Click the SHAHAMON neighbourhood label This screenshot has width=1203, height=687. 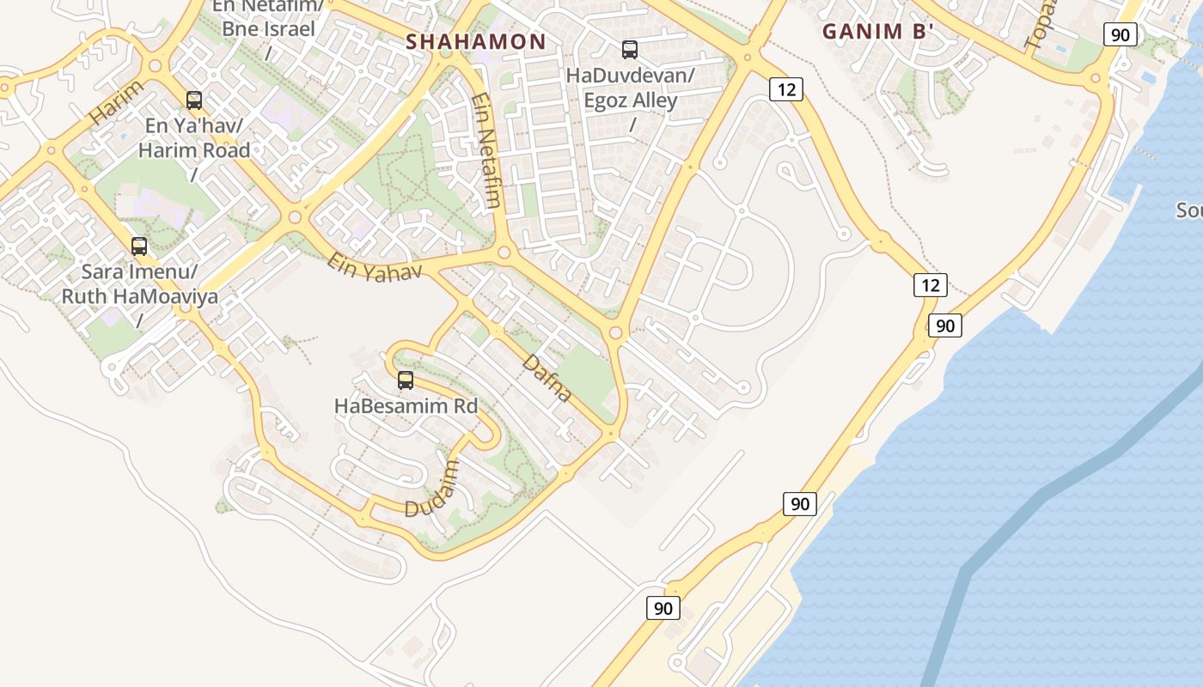coord(475,41)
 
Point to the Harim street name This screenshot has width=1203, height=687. coord(117,101)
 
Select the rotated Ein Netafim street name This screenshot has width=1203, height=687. coord(485,150)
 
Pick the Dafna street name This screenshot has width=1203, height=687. coord(547,378)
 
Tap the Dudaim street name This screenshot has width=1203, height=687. coord(432,489)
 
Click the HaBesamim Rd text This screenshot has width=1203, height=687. coord(406,406)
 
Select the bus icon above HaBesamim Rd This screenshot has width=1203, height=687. coord(406,380)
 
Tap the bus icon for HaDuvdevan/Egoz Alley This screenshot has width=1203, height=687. coord(630,50)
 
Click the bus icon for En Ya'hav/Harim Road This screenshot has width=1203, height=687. coord(194,100)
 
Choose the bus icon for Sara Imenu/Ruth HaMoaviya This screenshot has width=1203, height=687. coord(139,246)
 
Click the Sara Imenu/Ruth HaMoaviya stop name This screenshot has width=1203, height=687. coord(139,284)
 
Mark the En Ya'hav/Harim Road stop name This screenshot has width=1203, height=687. coord(198,138)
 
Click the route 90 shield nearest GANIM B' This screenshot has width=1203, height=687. coord(1121,34)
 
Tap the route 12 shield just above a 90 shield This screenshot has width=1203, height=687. coord(930,285)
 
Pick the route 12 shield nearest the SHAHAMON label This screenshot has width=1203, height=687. coord(785,88)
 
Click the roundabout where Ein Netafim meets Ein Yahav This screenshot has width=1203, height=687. coord(504,253)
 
